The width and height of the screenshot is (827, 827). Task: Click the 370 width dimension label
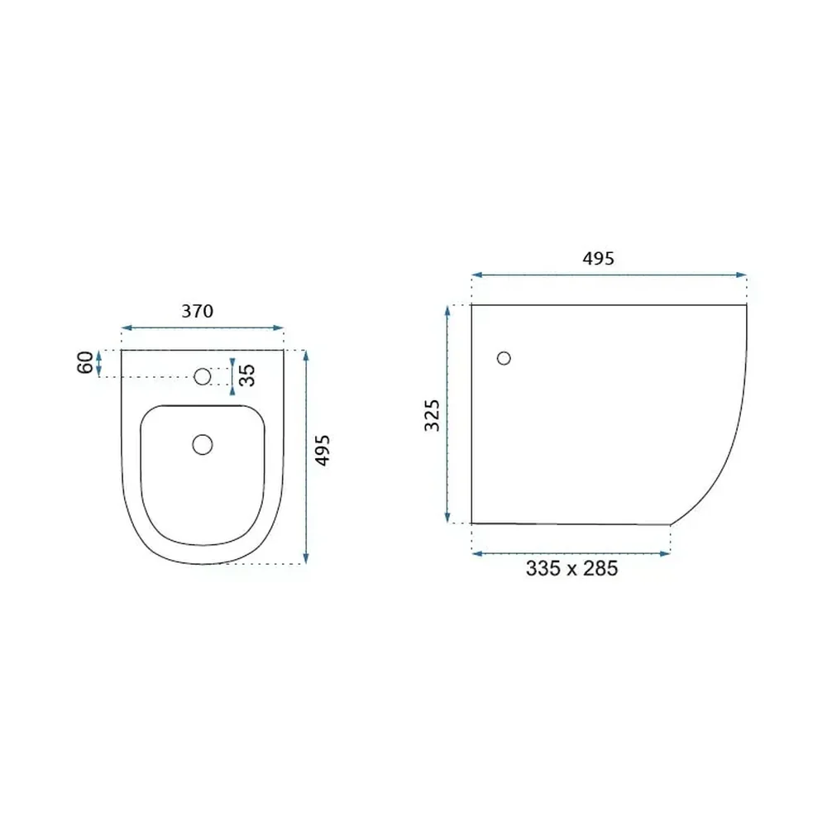[x=198, y=311]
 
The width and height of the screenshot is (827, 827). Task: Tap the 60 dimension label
[x=85, y=362]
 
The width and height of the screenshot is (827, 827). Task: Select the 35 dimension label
[x=246, y=375]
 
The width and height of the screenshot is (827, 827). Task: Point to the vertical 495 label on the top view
[x=322, y=451]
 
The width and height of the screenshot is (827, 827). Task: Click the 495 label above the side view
[x=598, y=258]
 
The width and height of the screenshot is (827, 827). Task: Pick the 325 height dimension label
[x=432, y=416]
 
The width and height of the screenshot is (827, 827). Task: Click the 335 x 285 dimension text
[x=571, y=569]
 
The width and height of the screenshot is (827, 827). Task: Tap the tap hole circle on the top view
[x=203, y=376]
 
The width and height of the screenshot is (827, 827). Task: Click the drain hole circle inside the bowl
[x=203, y=445]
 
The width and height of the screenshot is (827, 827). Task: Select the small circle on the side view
[x=504, y=358]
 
